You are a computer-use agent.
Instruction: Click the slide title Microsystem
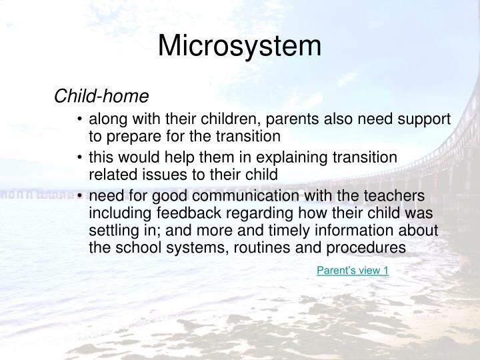coord(240,46)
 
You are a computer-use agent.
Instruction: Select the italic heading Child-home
coord(101,97)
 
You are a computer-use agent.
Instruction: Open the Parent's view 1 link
coord(352,269)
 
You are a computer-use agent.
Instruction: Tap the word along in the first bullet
coord(106,120)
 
